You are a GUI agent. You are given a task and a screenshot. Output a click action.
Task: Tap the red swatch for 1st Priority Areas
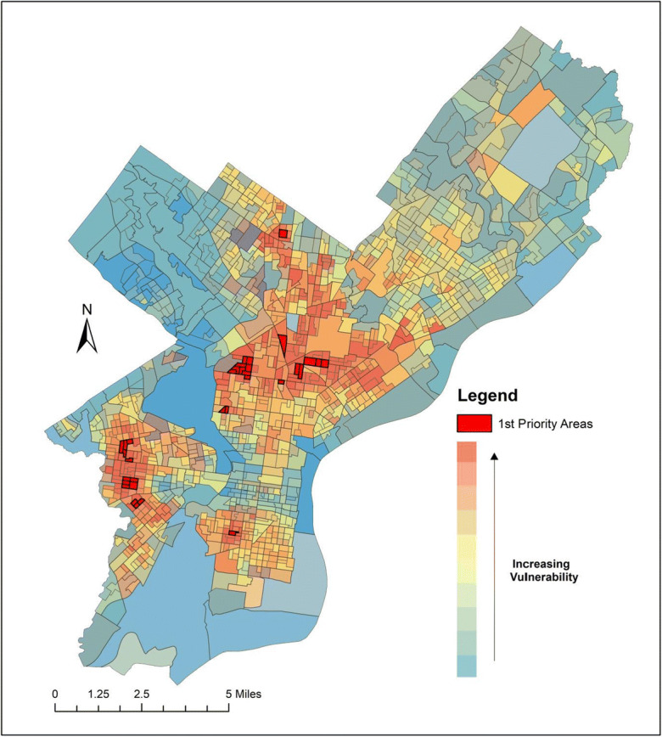coord(474,423)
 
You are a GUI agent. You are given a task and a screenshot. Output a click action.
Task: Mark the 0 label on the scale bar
coord(54,694)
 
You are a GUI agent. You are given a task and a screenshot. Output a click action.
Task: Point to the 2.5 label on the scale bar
coord(141,694)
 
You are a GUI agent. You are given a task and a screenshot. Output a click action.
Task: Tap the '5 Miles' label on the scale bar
coord(244,694)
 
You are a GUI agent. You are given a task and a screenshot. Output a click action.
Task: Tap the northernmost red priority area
coord(284,233)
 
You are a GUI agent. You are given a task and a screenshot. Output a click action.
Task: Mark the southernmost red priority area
coord(233,533)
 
